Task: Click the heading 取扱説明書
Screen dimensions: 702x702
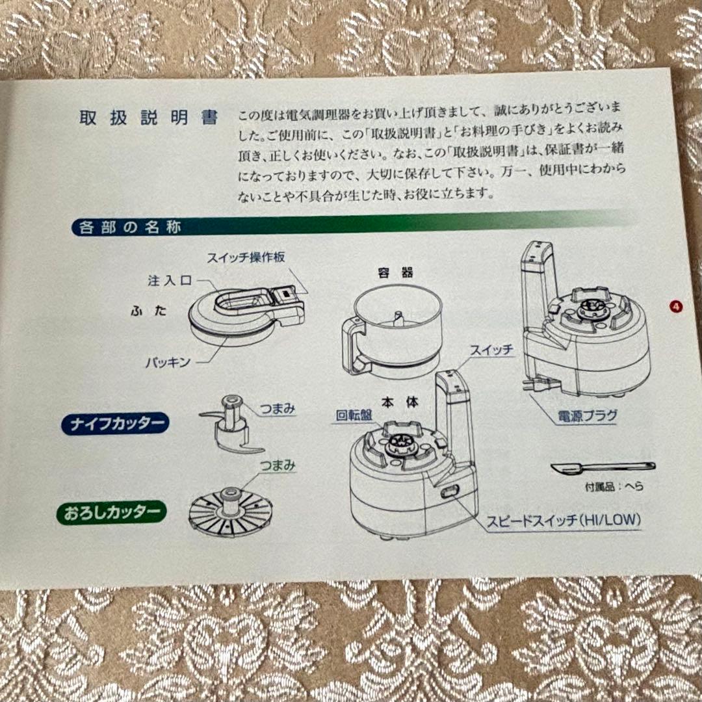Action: pos(148,118)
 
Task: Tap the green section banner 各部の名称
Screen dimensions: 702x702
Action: pos(130,227)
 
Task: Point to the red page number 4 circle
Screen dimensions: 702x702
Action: pos(677,306)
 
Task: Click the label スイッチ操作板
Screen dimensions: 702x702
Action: pos(246,257)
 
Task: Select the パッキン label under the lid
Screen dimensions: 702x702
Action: pos(168,362)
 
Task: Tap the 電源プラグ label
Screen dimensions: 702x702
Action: pos(586,416)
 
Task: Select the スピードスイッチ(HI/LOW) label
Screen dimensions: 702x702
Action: pos(564,520)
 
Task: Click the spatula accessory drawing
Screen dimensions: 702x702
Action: pos(601,467)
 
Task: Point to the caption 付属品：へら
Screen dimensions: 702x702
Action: pos(604,486)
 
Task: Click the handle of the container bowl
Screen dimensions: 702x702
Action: pos(354,344)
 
